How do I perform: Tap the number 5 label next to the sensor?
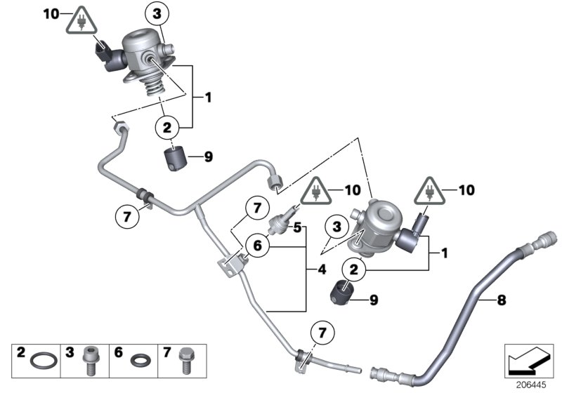pyautogui.click(x=297, y=227)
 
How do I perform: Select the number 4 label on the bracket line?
pyautogui.click(x=322, y=268)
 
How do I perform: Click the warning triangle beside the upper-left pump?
pyautogui.click(x=82, y=24)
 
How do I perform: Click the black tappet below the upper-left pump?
pyautogui.click(x=176, y=159)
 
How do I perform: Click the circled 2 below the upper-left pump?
pyautogui.click(x=167, y=128)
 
